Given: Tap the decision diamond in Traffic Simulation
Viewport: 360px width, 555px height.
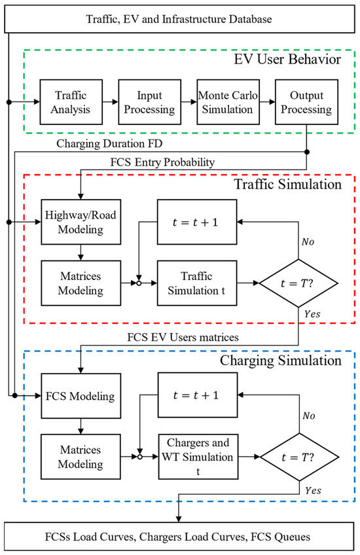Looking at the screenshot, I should (298, 283).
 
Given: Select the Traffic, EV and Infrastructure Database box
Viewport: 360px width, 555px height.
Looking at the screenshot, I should (179, 19).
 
